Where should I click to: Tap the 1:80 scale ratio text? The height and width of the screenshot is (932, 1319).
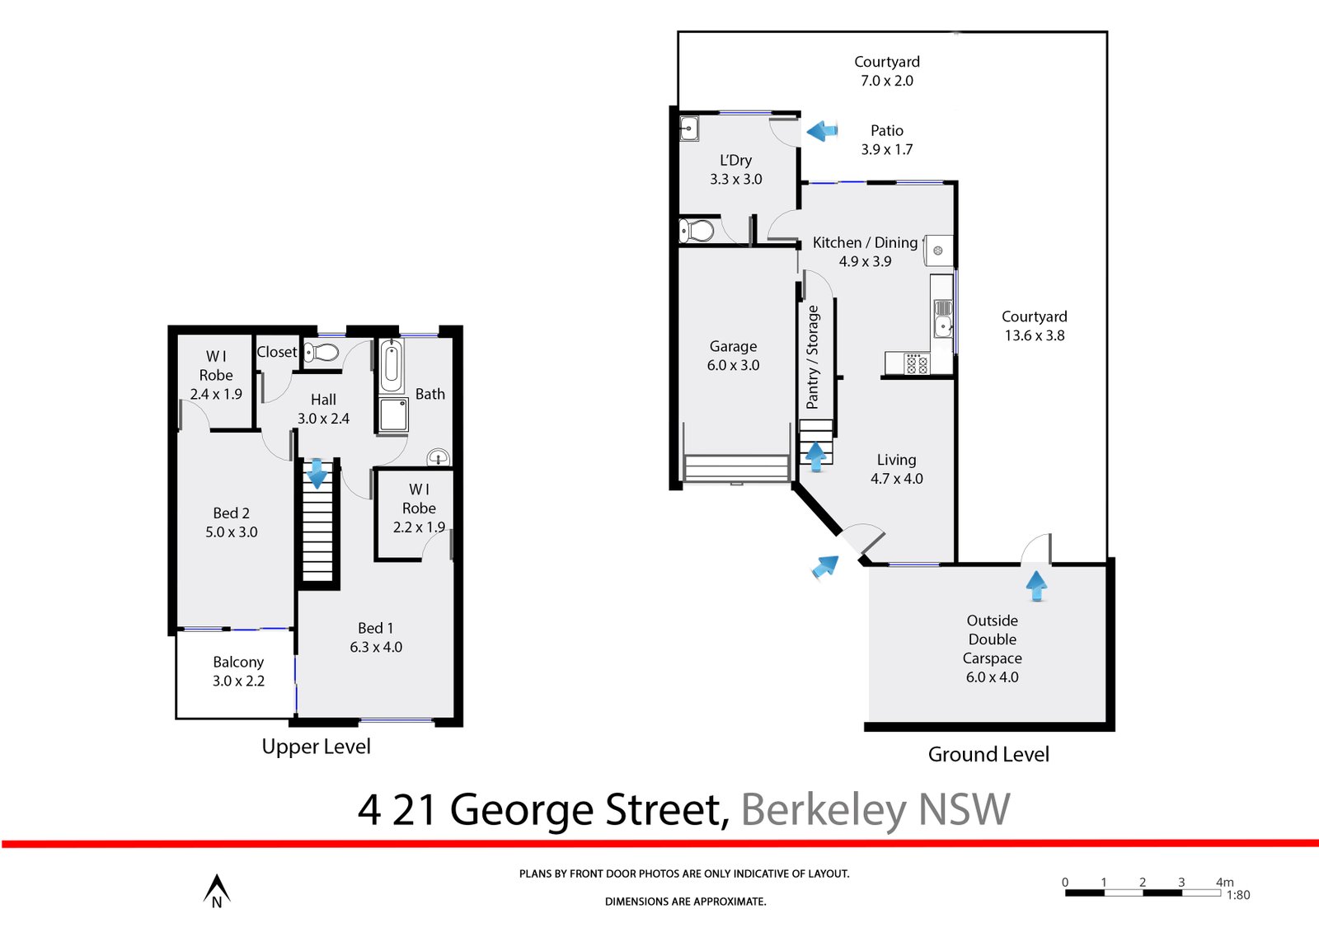1238,895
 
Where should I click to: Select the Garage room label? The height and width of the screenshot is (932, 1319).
733,347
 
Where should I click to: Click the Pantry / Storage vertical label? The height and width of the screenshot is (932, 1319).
813,357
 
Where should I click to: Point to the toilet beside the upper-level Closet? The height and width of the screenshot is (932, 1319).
322,354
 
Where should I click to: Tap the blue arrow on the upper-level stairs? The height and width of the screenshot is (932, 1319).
317,474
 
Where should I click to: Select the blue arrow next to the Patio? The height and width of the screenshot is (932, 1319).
822,130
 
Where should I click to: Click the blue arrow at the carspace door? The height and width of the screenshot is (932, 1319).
1036,586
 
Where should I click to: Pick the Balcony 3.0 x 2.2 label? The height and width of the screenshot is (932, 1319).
238,671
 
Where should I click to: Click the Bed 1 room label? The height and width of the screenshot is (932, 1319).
376,628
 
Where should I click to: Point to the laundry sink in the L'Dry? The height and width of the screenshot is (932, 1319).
690,129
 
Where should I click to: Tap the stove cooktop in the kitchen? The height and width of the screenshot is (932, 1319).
917,363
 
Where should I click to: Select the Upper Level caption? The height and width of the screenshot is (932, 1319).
316,747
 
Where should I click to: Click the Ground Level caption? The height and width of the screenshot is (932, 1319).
988,754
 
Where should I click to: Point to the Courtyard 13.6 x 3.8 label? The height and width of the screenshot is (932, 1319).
1034,326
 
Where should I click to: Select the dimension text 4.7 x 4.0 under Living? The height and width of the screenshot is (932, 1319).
897,479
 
